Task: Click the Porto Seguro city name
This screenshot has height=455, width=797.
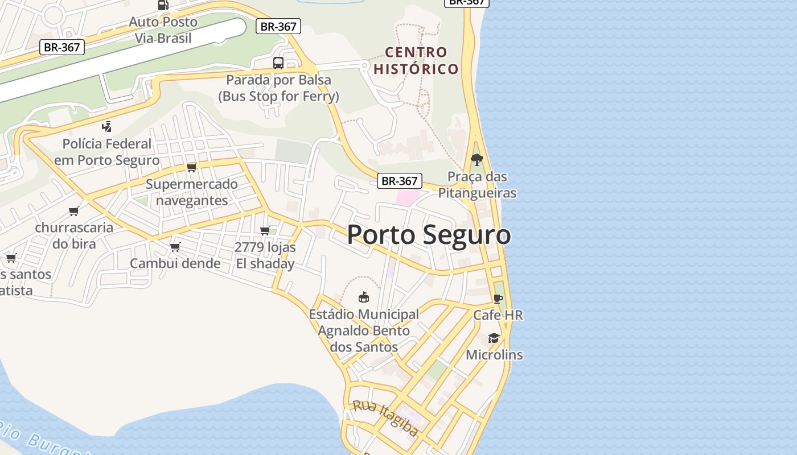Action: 429,234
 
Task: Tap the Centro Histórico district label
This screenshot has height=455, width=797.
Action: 416,61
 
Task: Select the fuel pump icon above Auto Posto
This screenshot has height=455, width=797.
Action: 163,5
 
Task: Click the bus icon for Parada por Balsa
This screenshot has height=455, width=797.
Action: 278,63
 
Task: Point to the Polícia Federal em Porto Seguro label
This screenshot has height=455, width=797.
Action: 107,152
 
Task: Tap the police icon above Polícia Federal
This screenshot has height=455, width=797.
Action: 107,126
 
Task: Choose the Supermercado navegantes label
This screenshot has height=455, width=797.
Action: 192,192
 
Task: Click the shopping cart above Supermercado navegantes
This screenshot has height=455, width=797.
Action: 192,167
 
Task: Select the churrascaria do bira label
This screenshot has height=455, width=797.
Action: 74,235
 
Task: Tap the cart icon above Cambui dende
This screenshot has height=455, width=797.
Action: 175,247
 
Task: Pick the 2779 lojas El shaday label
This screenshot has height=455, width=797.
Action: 265,255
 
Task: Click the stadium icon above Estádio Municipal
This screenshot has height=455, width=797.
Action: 363,297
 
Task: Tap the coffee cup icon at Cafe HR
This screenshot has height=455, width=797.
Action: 498,299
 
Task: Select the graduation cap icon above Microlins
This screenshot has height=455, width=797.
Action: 494,338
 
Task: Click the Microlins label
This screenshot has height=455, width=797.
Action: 494,355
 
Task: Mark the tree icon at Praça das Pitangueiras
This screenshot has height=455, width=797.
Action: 477,160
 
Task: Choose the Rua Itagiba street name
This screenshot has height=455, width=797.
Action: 385,417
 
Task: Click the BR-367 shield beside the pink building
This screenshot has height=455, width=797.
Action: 400,181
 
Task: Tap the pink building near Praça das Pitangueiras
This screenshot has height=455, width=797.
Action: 408,198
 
